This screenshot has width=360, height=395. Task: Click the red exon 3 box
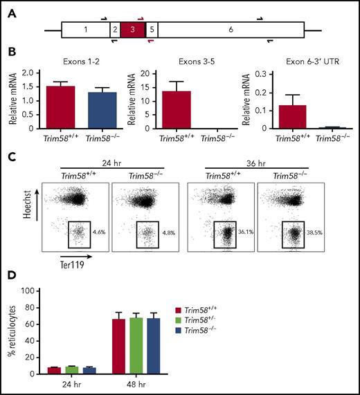point(132,30)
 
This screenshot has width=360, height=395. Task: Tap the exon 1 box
point(85,30)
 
